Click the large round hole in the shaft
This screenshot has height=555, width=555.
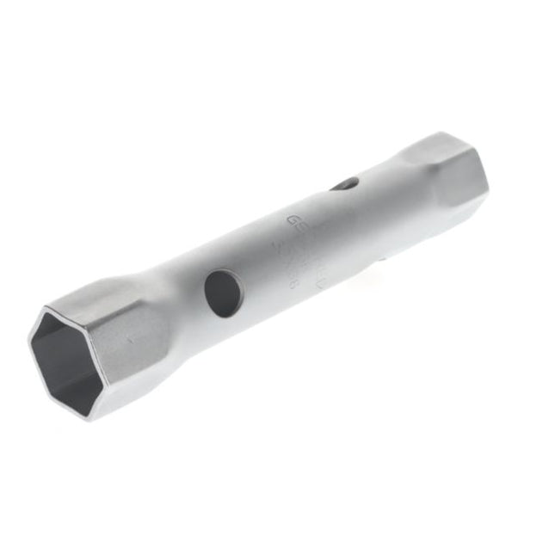[224, 292]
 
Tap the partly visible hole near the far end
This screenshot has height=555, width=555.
[344, 183]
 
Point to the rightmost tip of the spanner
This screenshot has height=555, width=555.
[488, 185]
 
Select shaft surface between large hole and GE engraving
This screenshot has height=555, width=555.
[258, 258]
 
